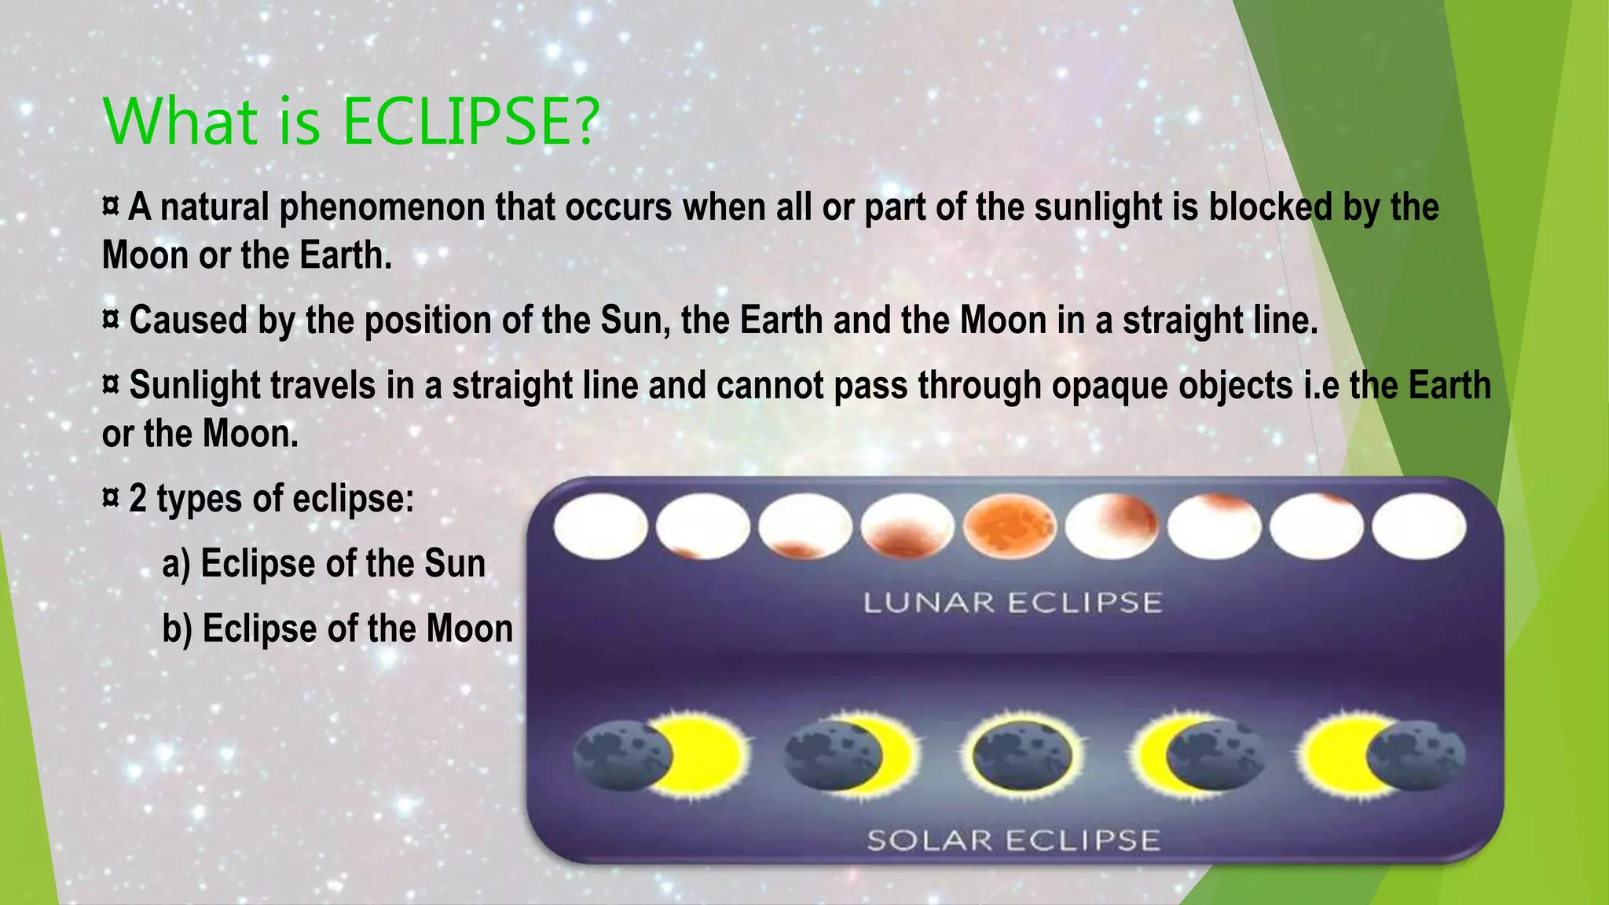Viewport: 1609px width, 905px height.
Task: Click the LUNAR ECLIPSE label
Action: click(x=1013, y=603)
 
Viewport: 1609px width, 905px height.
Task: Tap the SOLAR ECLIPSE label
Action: click(x=1013, y=841)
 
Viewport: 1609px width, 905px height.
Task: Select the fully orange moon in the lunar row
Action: click(x=1010, y=527)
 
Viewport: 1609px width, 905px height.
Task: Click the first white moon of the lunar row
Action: click(x=601, y=527)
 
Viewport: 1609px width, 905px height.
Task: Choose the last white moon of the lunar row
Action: click(x=1419, y=527)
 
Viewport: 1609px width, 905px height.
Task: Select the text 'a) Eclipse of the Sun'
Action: click(x=324, y=564)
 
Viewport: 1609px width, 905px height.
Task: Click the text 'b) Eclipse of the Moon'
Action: click(x=337, y=628)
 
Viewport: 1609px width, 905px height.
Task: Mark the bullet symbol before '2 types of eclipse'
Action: click(x=111, y=497)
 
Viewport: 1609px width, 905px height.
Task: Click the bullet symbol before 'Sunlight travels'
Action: click(x=111, y=385)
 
